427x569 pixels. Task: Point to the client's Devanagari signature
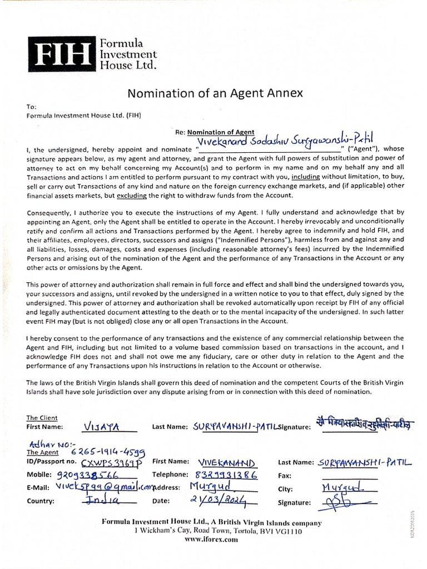[363, 424]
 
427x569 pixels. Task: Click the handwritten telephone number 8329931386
[226, 475]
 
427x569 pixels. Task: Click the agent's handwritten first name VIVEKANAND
[226, 463]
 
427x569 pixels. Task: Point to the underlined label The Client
[42, 418]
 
